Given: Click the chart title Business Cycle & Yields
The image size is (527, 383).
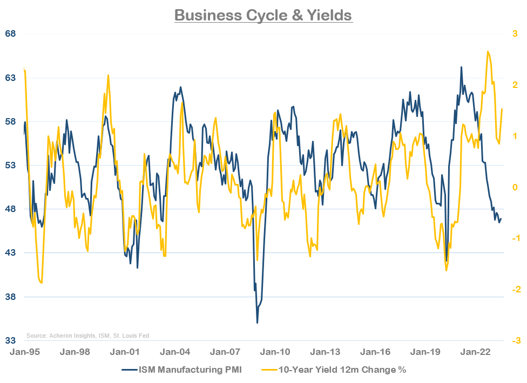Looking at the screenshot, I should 263,15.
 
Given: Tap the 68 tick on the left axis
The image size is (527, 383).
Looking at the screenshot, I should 11,34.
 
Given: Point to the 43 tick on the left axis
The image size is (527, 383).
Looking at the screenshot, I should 11,253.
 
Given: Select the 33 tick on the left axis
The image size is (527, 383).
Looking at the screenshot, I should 11,341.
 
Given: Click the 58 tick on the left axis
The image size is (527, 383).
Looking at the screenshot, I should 11,121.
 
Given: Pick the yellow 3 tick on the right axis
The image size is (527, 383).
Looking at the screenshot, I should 516,34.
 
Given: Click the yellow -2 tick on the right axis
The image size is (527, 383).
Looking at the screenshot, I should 515,290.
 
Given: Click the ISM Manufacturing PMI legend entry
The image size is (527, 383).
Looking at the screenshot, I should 189,370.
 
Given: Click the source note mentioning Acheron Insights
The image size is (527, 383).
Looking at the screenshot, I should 87,336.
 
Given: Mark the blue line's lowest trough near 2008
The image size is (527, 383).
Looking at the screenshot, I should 257,323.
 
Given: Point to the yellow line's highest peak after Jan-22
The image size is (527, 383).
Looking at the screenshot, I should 488,51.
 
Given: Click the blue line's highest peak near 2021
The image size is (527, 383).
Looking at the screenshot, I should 461,67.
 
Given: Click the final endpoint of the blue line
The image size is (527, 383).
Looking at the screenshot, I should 501,219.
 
